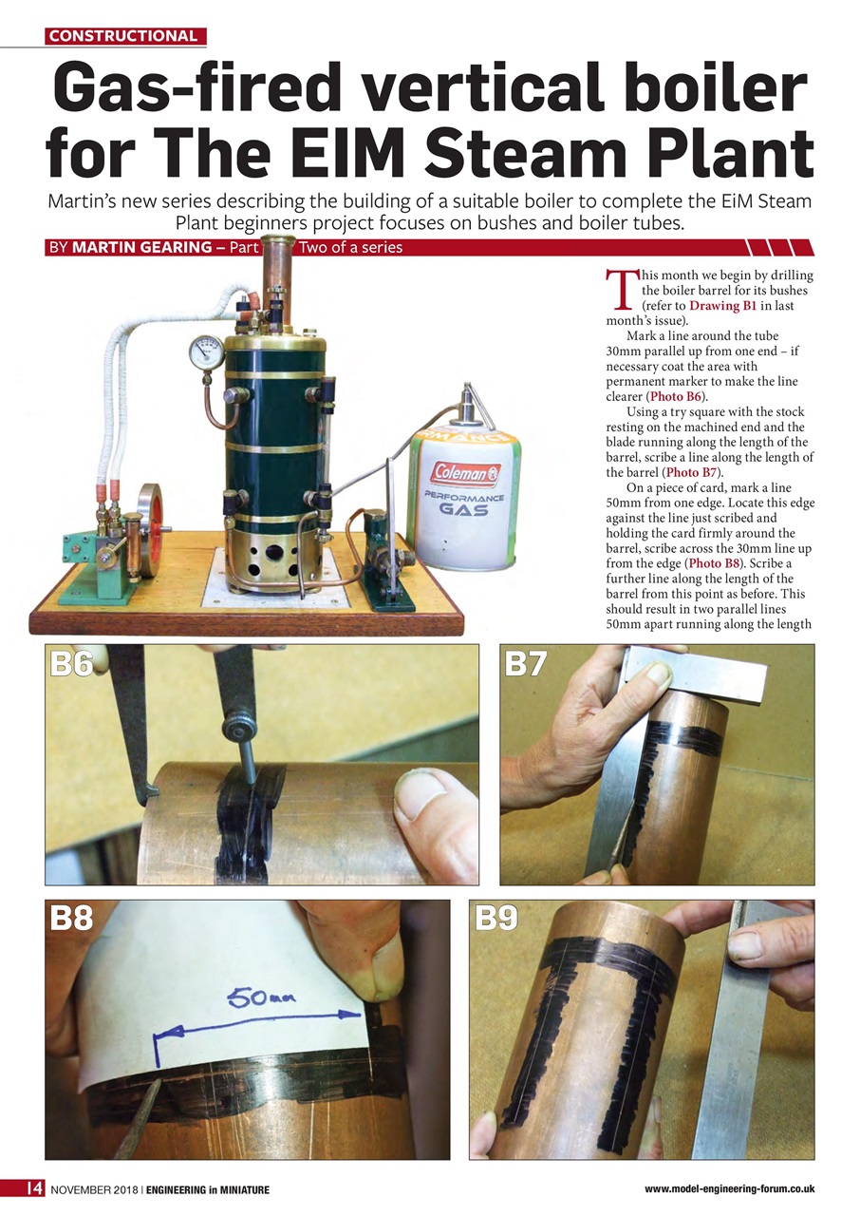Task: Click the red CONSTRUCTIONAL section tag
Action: click(x=124, y=36)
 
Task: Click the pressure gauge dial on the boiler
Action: click(x=206, y=352)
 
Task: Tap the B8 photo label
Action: click(x=72, y=919)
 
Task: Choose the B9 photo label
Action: click(x=496, y=919)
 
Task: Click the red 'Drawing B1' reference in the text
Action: click(x=723, y=306)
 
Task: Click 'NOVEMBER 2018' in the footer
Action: click(x=94, y=1190)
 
